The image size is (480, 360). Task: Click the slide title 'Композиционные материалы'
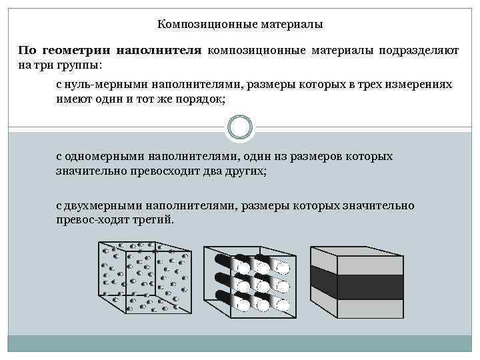(x=240, y=25)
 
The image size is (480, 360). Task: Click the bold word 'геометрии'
(x=78, y=51)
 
